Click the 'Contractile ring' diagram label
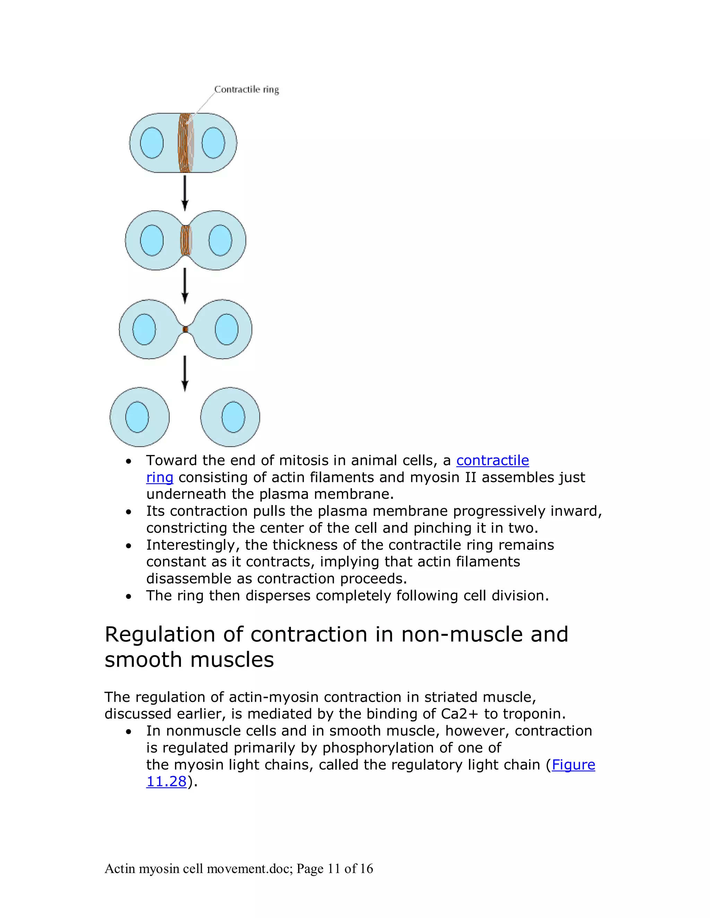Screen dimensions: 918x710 (x=246, y=89)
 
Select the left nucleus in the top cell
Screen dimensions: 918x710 (x=151, y=143)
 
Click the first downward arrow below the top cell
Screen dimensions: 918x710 (x=185, y=193)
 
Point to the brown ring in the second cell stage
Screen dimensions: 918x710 (x=185, y=240)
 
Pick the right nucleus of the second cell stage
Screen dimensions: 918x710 (x=220, y=240)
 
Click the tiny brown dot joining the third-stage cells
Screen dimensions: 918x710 (x=185, y=329)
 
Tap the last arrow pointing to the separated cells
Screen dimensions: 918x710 (x=185, y=373)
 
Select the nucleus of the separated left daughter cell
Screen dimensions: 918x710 (x=137, y=417)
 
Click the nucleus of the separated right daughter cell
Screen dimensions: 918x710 (x=233, y=417)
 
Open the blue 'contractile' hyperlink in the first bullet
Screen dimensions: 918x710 (x=492, y=460)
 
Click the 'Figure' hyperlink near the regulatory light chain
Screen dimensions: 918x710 (x=573, y=765)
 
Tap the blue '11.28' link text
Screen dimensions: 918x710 (x=166, y=782)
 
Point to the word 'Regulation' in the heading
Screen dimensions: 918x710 (x=160, y=635)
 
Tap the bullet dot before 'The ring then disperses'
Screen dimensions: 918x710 (x=129, y=597)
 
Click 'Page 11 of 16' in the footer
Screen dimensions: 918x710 (x=335, y=868)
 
